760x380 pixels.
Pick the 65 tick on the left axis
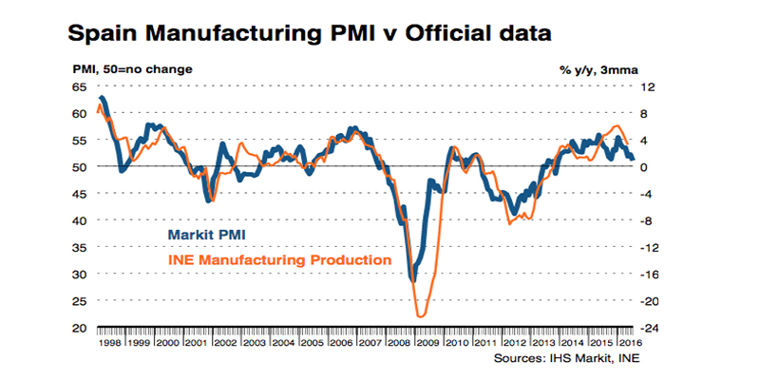tap(80, 86)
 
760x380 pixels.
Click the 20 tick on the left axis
tap(80, 328)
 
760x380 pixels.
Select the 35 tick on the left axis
tap(80, 247)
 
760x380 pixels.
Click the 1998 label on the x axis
tap(111, 341)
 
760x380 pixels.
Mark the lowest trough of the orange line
tap(420, 315)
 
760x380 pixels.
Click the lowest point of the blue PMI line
tap(412, 279)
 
